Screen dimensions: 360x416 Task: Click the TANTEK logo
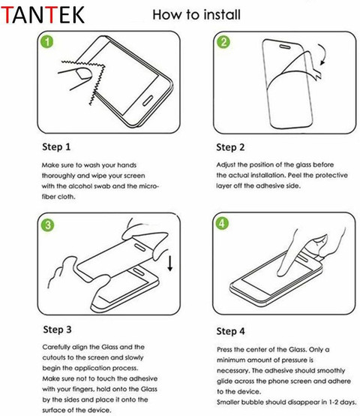pyautogui.click(x=43, y=15)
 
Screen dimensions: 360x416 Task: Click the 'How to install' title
pyautogui.click(x=196, y=14)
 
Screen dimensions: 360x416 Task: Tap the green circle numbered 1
pyautogui.click(x=47, y=42)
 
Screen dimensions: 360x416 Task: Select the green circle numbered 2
pyautogui.click(x=223, y=42)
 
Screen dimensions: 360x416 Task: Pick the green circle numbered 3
pyautogui.click(x=48, y=225)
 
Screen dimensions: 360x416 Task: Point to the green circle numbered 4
pyautogui.click(x=222, y=223)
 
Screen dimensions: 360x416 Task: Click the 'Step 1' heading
pyautogui.click(x=56, y=146)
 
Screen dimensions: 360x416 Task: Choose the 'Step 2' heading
pyautogui.click(x=230, y=147)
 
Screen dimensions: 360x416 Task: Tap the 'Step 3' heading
pyautogui.click(x=57, y=330)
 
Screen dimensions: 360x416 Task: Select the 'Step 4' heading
pyautogui.click(x=231, y=331)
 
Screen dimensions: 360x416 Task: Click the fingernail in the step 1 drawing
pyautogui.click(x=83, y=74)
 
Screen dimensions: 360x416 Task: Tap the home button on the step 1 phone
pyautogui.click(x=148, y=101)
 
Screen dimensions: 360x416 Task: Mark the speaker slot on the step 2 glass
pyautogui.click(x=285, y=47)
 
